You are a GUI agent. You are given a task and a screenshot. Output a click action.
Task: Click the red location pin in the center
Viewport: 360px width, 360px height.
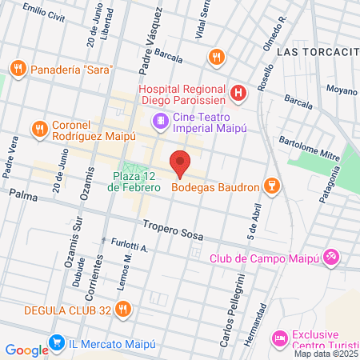180,163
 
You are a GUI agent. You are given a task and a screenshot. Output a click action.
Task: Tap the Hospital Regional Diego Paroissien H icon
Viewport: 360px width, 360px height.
238,94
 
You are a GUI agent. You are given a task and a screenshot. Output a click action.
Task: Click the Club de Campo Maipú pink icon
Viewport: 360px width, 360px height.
334,257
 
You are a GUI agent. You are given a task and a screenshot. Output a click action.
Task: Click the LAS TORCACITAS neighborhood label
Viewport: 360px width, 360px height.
318,51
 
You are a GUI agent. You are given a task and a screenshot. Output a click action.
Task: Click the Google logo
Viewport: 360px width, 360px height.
26,349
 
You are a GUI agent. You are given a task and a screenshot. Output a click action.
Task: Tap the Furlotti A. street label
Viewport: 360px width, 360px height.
130,249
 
